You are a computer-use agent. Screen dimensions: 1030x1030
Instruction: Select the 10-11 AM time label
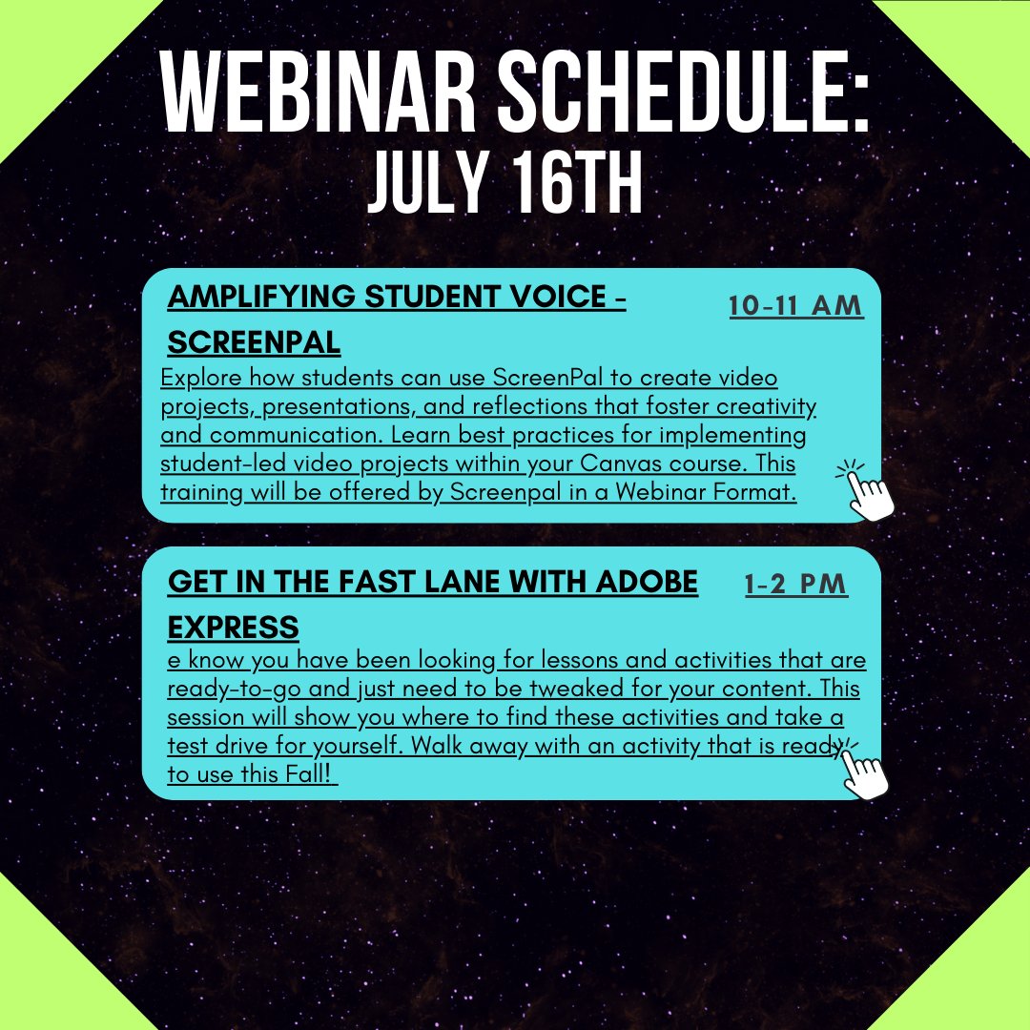point(795,306)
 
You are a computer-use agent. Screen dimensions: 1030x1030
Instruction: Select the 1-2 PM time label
point(795,584)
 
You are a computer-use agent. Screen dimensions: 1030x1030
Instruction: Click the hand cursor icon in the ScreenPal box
point(868,492)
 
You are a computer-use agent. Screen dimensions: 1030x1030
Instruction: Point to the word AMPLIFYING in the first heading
point(264,298)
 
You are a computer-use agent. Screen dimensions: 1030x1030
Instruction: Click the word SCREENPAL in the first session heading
point(254,343)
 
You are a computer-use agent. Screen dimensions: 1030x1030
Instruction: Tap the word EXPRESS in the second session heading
point(233,628)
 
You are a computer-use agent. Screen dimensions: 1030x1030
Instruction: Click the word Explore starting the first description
point(198,379)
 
